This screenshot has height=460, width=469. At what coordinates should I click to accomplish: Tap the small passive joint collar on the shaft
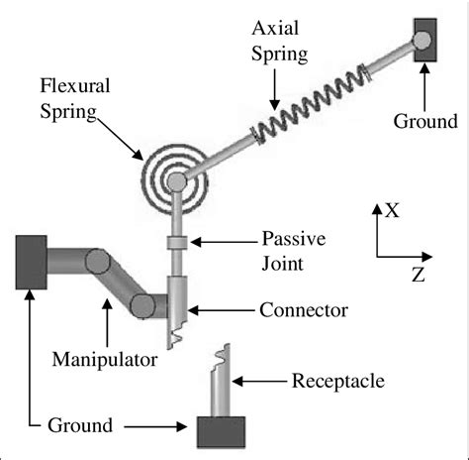[x=177, y=241]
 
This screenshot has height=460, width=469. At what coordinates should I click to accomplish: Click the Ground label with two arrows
[x=78, y=426]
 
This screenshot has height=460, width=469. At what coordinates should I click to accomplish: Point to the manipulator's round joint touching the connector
[x=144, y=305]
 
